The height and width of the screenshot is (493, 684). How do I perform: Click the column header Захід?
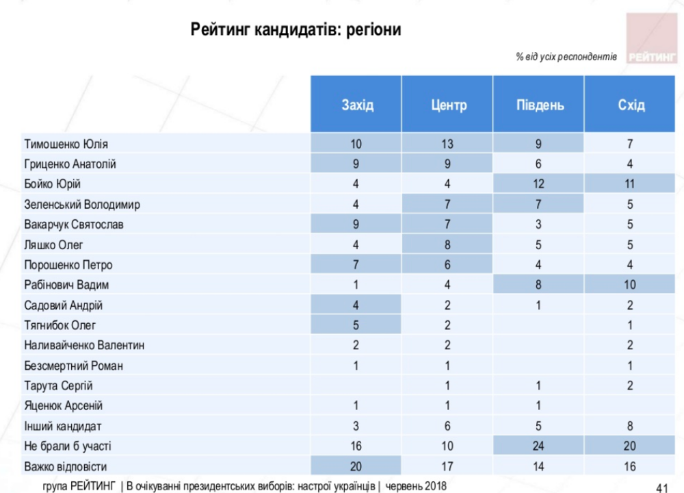(357, 105)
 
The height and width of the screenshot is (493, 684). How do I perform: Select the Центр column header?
(449, 105)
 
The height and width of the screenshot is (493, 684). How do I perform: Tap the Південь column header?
(540, 105)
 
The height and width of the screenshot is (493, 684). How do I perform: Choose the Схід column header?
(630, 105)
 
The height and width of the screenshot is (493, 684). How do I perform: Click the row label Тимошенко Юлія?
(66, 144)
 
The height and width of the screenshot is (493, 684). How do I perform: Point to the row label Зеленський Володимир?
(82, 205)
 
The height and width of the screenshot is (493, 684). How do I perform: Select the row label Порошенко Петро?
(68, 265)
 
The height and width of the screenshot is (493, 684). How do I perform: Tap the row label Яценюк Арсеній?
(64, 406)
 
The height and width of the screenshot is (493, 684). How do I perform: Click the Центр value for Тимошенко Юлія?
(448, 144)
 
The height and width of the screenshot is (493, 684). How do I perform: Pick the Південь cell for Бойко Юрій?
(540, 184)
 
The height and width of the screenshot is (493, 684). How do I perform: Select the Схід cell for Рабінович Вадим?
(630, 285)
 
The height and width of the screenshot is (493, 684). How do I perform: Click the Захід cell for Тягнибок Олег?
(356, 325)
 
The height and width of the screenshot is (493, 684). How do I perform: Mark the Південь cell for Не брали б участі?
(540, 446)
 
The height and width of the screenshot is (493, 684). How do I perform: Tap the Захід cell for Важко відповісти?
(356, 466)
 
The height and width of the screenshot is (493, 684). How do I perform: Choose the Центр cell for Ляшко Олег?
(448, 244)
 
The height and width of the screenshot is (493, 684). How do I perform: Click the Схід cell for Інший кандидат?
(630, 426)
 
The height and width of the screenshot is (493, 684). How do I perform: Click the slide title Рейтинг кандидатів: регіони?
(295, 30)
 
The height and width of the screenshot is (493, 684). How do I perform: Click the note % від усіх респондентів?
(566, 57)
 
